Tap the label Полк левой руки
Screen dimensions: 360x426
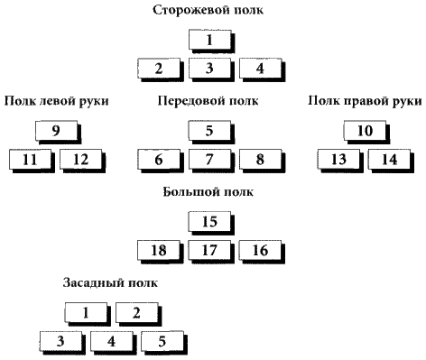click(56, 101)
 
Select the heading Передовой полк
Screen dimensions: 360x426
click(208, 101)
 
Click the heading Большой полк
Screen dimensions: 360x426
click(208, 192)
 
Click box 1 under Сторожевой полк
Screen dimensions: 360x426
click(208, 40)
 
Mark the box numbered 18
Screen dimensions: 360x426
click(158, 249)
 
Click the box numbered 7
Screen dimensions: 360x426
click(208, 159)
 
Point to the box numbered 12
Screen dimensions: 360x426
click(82, 159)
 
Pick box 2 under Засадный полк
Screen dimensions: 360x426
click(135, 313)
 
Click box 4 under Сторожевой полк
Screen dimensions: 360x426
click(260, 68)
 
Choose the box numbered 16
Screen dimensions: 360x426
click(260, 249)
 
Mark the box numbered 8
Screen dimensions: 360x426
click(260, 159)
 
